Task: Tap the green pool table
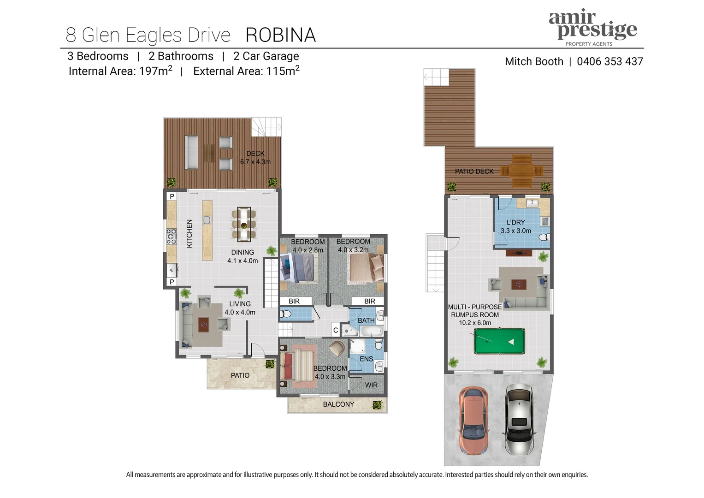click(x=499, y=341)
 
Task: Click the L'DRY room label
click(x=515, y=222)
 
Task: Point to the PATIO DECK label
click(x=474, y=171)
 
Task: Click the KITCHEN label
click(x=189, y=233)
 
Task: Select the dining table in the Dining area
click(x=244, y=224)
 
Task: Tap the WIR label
click(x=371, y=385)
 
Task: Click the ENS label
click(x=366, y=359)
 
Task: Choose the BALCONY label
click(x=338, y=404)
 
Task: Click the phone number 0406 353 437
click(x=609, y=61)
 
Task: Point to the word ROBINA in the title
click(x=280, y=35)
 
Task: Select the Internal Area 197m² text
click(x=120, y=71)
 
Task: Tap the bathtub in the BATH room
click(x=372, y=331)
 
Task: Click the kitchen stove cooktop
click(x=172, y=236)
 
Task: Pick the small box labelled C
click(x=336, y=330)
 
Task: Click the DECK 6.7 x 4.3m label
click(x=255, y=158)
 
